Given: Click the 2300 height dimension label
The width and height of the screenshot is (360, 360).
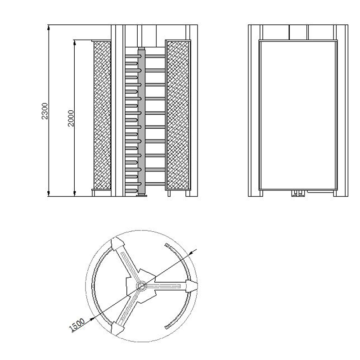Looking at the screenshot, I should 45,111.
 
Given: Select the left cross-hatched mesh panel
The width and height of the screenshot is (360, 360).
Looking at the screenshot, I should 102,115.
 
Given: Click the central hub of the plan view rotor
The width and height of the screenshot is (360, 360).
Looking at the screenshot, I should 141,285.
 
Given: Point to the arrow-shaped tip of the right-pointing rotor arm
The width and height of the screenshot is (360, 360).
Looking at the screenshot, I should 192,285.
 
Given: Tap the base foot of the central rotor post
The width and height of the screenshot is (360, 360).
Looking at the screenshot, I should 141,195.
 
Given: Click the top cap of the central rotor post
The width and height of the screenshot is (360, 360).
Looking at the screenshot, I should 141,48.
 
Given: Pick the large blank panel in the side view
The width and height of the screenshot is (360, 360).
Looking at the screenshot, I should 298,115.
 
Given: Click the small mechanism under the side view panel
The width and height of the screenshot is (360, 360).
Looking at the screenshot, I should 297,193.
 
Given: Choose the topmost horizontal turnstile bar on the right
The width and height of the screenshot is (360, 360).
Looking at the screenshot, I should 155,56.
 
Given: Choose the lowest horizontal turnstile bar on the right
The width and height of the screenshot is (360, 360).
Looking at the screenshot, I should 155,183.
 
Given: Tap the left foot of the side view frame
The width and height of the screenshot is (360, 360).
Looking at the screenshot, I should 261,193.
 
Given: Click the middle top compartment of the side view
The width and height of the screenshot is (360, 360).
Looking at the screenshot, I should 298,32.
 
